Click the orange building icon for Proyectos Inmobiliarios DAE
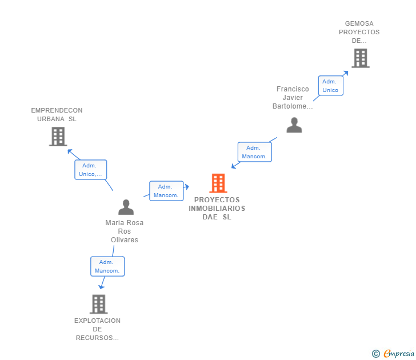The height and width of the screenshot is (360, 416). pyautogui.click(x=218, y=183)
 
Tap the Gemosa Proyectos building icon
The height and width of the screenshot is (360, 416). pyautogui.click(x=360, y=58)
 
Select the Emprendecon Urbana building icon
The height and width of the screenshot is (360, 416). pyautogui.click(x=58, y=137)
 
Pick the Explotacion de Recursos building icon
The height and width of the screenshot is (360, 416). pyautogui.click(x=99, y=304)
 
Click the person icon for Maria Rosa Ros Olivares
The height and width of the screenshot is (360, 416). pyautogui.click(x=126, y=207)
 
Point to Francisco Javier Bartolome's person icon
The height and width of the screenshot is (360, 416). pyautogui.click(x=294, y=125)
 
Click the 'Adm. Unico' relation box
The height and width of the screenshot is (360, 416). pyautogui.click(x=330, y=86)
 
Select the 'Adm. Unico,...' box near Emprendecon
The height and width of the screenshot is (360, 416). pyautogui.click(x=91, y=170)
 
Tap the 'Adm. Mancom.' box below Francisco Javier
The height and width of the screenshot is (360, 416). pyautogui.click(x=254, y=152)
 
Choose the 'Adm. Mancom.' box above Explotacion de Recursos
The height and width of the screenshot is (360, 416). pyautogui.click(x=107, y=266)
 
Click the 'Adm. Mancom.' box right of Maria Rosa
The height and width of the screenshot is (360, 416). pyautogui.click(x=166, y=191)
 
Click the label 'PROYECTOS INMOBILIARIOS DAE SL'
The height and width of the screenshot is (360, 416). pyautogui.click(x=217, y=209)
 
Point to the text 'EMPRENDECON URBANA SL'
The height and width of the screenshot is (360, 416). pyautogui.click(x=57, y=115)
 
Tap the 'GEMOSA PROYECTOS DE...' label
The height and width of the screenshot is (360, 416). pyautogui.click(x=359, y=32)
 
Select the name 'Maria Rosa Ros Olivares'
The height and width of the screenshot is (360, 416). pyautogui.click(x=125, y=231)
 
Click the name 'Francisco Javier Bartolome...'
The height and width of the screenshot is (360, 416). pyautogui.click(x=293, y=98)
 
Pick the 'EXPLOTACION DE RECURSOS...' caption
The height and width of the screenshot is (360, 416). pyautogui.click(x=97, y=329)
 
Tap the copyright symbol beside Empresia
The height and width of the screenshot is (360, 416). pyautogui.click(x=376, y=354)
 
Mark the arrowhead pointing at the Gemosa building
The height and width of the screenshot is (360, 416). pyautogui.click(x=345, y=73)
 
